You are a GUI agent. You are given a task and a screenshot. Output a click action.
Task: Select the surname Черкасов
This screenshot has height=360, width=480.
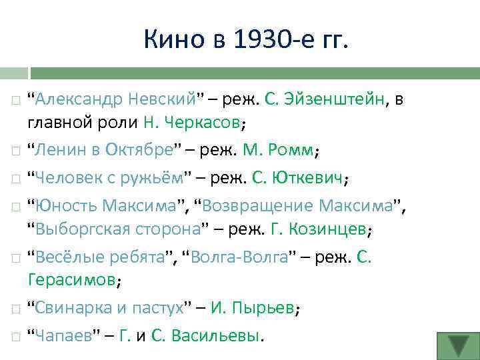[x=201, y=123]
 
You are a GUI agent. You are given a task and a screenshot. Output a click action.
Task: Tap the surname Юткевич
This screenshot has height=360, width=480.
[x=312, y=178]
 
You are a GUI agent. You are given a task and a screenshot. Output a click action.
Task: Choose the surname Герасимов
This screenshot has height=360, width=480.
[x=71, y=280]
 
